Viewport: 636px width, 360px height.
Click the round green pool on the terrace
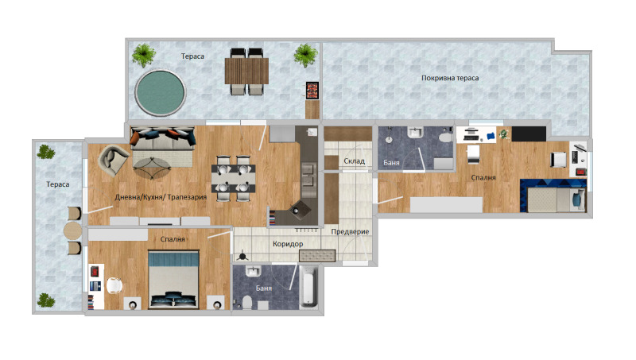click(161, 93)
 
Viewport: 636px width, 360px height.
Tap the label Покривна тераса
click(450, 78)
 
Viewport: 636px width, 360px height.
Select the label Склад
click(354, 161)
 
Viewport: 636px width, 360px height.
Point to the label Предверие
click(350, 231)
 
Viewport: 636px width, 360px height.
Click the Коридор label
click(288, 244)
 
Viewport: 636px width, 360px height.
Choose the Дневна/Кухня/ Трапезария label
click(161, 197)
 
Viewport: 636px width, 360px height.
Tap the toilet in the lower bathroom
click(246, 302)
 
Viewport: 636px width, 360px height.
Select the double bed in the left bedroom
click(173, 280)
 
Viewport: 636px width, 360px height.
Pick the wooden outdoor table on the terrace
click(246, 71)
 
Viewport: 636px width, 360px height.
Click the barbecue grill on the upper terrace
click(312, 91)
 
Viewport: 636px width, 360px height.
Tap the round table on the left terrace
click(72, 230)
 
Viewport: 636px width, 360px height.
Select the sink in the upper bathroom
click(416, 133)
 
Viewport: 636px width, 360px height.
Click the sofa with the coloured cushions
click(163, 138)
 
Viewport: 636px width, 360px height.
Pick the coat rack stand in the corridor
click(242, 255)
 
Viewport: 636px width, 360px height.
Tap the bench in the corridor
click(317, 256)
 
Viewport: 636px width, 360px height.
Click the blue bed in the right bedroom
click(553, 195)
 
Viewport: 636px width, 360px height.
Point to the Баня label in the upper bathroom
click(391, 163)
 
